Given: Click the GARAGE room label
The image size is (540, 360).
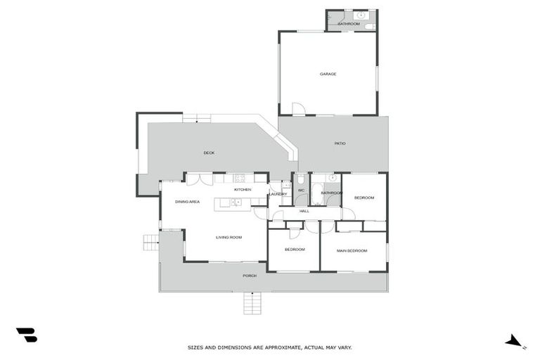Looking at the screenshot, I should pyautogui.click(x=328, y=74).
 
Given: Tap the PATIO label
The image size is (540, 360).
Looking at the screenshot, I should pyautogui.click(x=340, y=143).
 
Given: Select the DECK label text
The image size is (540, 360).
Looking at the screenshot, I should pyautogui.click(x=209, y=153).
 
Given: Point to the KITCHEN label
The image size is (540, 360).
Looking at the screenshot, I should pyautogui.click(x=243, y=190).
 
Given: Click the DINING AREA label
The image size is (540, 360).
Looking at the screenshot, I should pyautogui.click(x=187, y=202).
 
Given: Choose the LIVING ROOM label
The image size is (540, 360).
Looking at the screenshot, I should pyautogui.click(x=229, y=238).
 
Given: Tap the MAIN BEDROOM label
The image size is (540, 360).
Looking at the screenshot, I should pyautogui.click(x=352, y=250).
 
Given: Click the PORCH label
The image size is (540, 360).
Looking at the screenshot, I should pyautogui.click(x=250, y=276).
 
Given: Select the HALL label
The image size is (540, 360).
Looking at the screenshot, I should pyautogui.click(x=304, y=211).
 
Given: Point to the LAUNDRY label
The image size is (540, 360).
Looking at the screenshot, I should pyautogui.click(x=278, y=194).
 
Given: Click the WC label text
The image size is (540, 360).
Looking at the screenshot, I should pyautogui.click(x=301, y=191).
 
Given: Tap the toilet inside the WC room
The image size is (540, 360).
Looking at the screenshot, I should pyautogui.click(x=301, y=180).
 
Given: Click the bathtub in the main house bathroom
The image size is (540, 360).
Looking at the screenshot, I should pyautogui.click(x=317, y=199).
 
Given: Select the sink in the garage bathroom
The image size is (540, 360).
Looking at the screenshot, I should pyautogui.click(x=361, y=14).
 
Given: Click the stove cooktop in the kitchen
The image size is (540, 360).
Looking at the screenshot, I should pyautogui.click(x=239, y=178).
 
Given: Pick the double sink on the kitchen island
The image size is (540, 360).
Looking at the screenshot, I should pyautogui.click(x=237, y=202).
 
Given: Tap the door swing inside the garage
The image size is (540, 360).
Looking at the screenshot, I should pyautogui.click(x=299, y=109).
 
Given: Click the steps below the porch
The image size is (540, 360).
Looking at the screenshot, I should pyautogui.click(x=252, y=304).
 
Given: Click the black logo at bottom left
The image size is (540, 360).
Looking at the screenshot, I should pyautogui.click(x=26, y=335).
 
